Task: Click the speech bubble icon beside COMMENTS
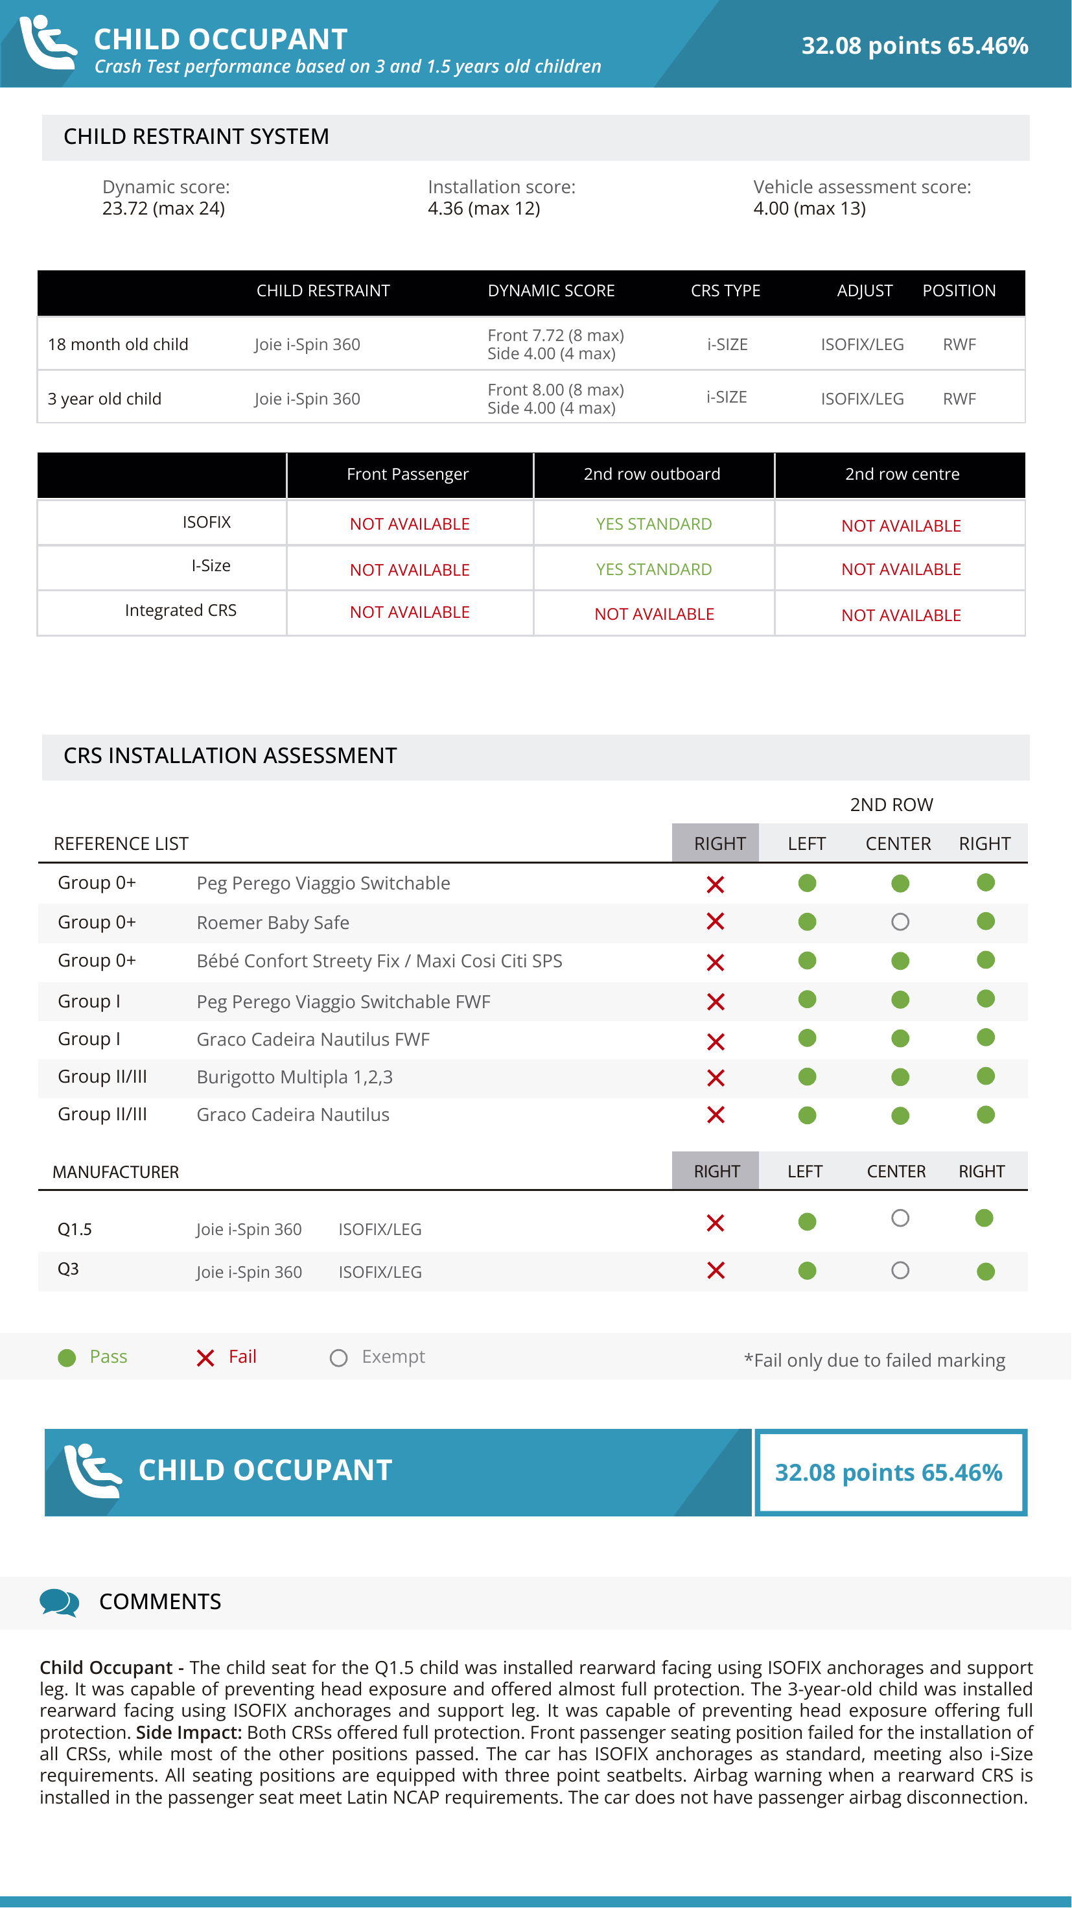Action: point(58,1602)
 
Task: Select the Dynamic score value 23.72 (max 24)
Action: point(163,209)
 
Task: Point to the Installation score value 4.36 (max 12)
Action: point(484,209)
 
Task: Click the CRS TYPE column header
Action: point(725,291)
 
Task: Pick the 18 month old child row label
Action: point(118,344)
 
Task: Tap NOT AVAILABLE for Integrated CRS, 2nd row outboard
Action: point(654,614)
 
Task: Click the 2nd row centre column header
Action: point(902,474)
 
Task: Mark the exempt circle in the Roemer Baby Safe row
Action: point(900,922)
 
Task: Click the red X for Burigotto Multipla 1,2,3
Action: point(715,1078)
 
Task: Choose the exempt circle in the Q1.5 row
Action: point(900,1218)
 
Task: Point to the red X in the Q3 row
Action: point(715,1271)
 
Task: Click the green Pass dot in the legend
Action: point(67,1358)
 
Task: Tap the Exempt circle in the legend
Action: point(338,1358)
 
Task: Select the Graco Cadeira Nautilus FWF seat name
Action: point(312,1040)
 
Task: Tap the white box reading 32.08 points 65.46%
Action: point(889,1472)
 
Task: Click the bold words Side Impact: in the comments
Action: point(189,1732)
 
